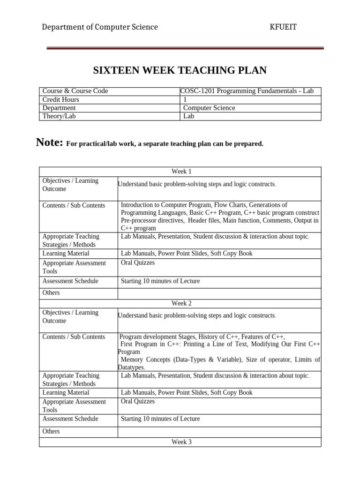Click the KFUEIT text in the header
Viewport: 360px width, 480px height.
[283, 27]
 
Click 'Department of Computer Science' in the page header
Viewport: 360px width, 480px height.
[100, 27]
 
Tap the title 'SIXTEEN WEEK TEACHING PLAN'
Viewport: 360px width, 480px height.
[180, 71]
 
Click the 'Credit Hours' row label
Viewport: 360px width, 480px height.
[61, 99]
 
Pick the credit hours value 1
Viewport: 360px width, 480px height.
[185, 99]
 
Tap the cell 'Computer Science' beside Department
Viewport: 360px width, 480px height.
[209, 108]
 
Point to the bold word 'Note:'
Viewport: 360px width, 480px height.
[49, 142]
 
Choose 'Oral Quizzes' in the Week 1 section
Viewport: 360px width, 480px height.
[138, 262]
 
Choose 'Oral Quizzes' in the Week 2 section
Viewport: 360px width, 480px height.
[138, 401]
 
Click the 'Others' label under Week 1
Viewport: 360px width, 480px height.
[51, 292]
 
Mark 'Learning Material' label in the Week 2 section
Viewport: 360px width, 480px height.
[66, 392]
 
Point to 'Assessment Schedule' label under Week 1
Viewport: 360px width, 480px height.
[70, 281]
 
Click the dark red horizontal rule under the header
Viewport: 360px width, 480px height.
[185, 48]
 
